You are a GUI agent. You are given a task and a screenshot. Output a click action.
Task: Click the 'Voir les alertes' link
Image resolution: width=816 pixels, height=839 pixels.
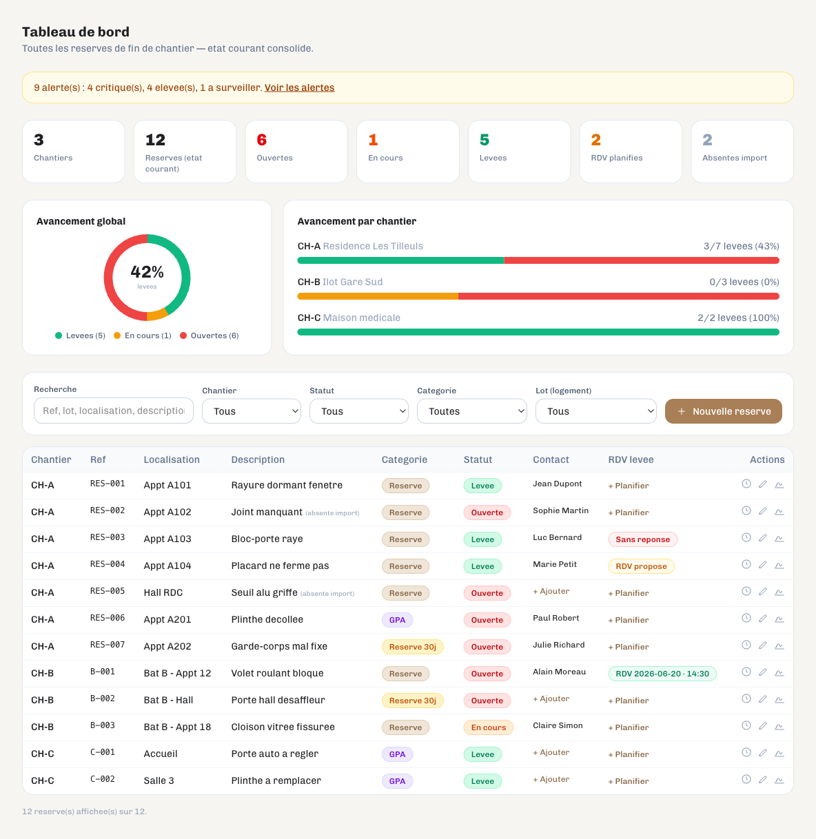tap(299, 87)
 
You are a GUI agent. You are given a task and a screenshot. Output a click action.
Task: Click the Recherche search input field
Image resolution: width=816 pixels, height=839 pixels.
tap(114, 411)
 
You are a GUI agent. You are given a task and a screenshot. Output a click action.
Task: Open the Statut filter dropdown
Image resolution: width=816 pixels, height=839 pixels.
tap(359, 411)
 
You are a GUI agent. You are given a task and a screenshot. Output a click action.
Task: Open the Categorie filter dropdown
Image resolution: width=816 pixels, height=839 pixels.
tap(472, 411)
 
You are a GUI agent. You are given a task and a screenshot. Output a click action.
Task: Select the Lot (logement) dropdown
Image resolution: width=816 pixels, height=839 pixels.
tap(595, 411)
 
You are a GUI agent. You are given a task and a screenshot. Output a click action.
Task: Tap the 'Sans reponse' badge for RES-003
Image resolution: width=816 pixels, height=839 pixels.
tap(642, 539)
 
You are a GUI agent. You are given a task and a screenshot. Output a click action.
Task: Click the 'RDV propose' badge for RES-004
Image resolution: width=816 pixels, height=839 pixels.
tap(641, 566)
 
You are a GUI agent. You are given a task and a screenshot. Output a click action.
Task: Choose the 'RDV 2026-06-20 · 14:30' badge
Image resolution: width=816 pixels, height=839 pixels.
tap(662, 674)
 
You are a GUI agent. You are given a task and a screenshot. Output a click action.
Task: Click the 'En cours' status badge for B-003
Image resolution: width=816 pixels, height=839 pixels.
tap(488, 727)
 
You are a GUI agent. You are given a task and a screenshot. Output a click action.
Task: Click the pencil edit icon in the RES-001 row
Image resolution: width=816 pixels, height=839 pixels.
tap(762, 484)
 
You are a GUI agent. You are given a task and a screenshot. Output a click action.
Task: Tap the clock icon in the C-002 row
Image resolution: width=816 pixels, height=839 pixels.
tap(746, 780)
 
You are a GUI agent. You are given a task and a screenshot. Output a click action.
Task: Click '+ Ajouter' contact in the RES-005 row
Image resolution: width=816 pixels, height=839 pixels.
tap(551, 591)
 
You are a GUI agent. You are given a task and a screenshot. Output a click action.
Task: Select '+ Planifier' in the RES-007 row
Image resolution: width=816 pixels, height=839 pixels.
tap(629, 647)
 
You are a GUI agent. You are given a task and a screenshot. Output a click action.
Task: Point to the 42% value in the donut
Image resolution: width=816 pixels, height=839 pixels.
tap(147, 271)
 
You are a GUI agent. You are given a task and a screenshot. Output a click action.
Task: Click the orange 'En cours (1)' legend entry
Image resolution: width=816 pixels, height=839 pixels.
tap(143, 335)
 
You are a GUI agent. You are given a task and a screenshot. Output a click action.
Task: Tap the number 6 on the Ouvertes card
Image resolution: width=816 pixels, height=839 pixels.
tap(261, 140)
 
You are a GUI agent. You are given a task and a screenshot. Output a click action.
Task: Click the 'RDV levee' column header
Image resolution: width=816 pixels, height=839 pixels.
tap(631, 459)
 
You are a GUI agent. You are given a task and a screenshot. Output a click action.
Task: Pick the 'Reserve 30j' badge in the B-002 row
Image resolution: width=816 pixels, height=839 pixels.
tap(412, 701)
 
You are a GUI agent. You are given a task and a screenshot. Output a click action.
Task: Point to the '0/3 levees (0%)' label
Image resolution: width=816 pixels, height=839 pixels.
tap(744, 282)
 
